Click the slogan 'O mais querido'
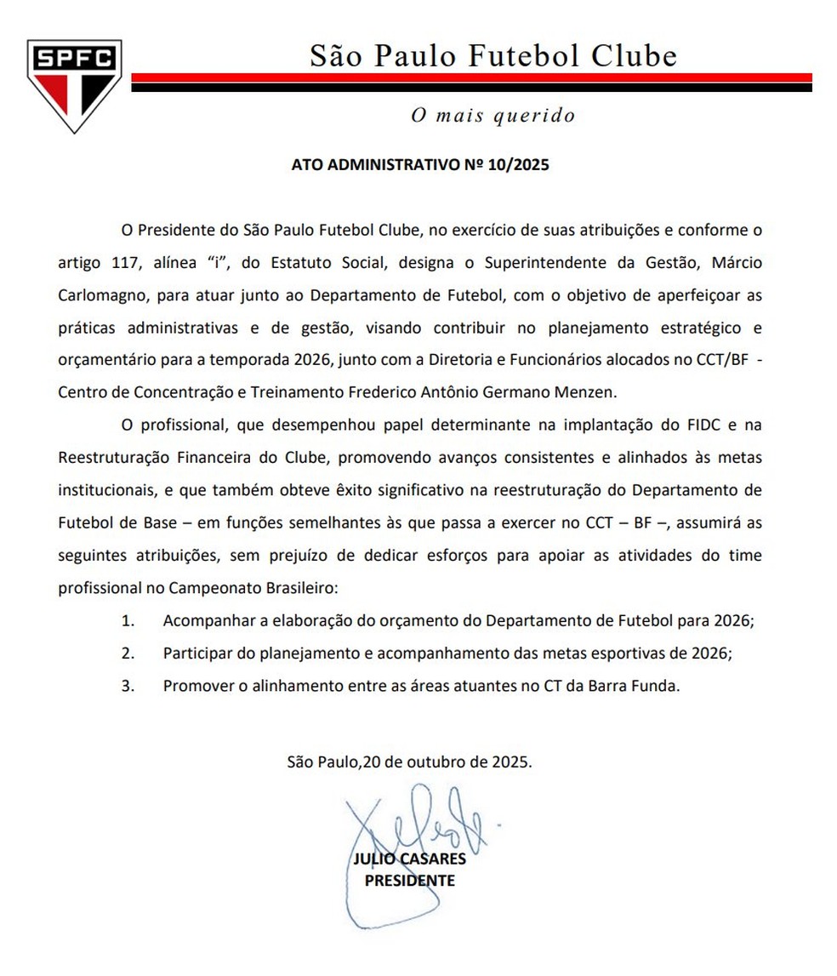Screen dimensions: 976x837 pyautogui.click(x=493, y=115)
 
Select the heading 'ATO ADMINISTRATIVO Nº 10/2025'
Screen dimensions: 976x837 pyautogui.click(x=420, y=165)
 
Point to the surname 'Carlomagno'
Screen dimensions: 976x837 pyautogui.click(x=97, y=295)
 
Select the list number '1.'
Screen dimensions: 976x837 pyautogui.click(x=128, y=620)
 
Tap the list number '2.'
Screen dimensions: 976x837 pyautogui.click(x=128, y=654)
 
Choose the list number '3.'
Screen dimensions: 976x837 pyautogui.click(x=128, y=686)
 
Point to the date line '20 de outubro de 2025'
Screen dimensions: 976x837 pyautogui.click(x=447, y=762)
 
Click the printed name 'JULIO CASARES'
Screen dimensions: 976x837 pyautogui.click(x=409, y=859)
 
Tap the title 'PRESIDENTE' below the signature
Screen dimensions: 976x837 pyautogui.click(x=409, y=881)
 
